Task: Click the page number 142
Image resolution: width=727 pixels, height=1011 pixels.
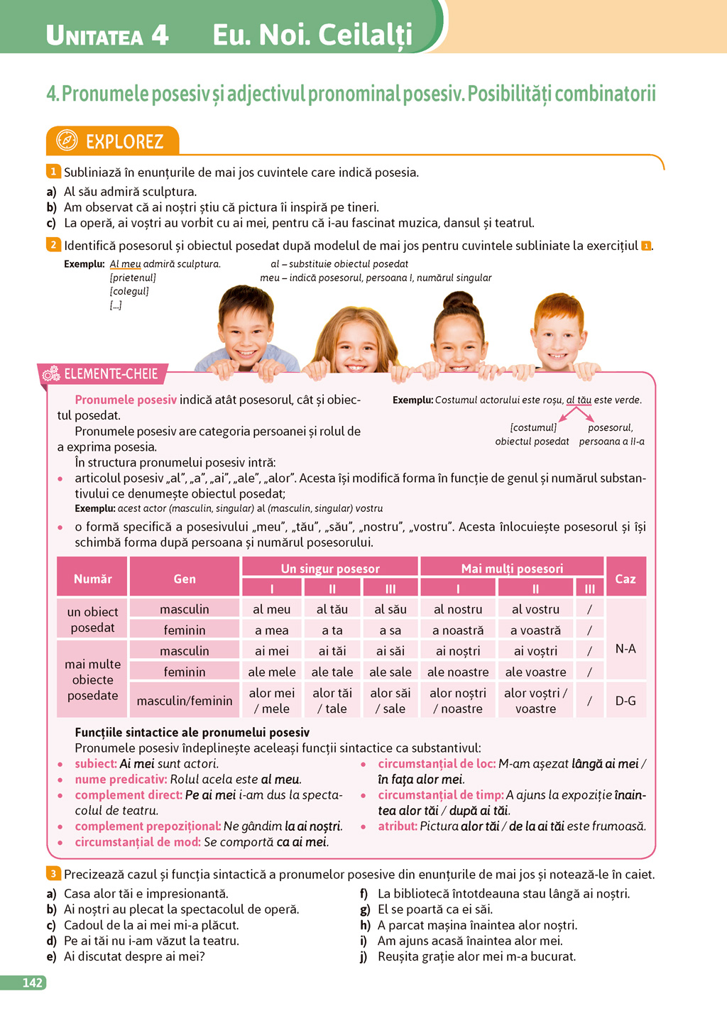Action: pyautogui.click(x=33, y=983)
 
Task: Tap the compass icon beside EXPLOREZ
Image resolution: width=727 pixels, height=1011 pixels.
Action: pyautogui.click(x=67, y=141)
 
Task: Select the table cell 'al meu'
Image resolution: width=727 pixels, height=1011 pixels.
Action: pyautogui.click(x=272, y=609)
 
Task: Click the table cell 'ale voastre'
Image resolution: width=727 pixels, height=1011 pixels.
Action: pyautogui.click(x=535, y=672)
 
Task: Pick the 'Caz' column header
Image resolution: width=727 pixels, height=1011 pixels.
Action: pyautogui.click(x=625, y=579)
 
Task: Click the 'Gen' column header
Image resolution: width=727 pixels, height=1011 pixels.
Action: pyautogui.click(x=185, y=579)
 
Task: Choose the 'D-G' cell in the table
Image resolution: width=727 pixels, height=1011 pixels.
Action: pyautogui.click(x=625, y=701)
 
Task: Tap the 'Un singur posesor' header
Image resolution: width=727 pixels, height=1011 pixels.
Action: pyautogui.click(x=330, y=568)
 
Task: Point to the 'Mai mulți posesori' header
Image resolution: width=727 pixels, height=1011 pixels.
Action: pyautogui.click(x=512, y=568)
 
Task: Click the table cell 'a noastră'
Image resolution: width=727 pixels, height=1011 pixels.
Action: pyautogui.click(x=458, y=630)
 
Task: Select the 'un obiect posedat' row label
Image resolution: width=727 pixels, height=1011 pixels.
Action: pyautogui.click(x=92, y=620)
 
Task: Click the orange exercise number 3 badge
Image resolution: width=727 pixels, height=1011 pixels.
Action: pyautogui.click(x=53, y=873)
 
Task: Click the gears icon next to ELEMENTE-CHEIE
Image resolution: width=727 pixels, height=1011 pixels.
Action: pyautogui.click(x=51, y=374)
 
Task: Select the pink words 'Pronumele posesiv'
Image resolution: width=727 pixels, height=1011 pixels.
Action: pyautogui.click(x=126, y=400)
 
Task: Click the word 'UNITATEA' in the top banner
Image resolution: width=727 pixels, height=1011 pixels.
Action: pyautogui.click(x=93, y=35)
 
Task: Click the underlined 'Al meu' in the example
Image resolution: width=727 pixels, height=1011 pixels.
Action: pyautogui.click(x=126, y=264)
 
